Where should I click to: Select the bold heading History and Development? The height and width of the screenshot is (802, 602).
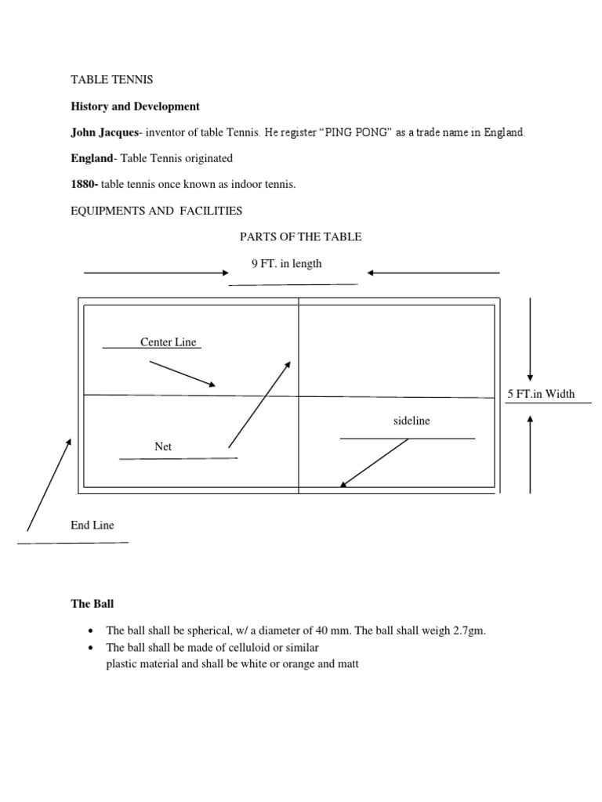135,107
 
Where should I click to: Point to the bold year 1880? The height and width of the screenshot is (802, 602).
84,184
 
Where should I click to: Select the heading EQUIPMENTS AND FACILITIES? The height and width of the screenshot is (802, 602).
157,211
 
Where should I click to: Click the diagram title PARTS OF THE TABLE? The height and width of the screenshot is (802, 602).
300,237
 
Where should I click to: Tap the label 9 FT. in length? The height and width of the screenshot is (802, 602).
286,264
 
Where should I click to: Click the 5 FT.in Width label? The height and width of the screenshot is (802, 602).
541,394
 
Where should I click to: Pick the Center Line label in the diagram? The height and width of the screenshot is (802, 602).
168,342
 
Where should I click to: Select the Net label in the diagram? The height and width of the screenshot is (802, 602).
163,446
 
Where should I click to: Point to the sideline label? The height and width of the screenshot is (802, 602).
412,421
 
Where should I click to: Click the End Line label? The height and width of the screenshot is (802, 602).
92,526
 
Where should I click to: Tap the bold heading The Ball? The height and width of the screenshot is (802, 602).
92,604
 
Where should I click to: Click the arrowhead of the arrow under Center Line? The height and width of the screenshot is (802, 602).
212,385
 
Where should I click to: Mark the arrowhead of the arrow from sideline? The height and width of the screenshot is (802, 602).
343,486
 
